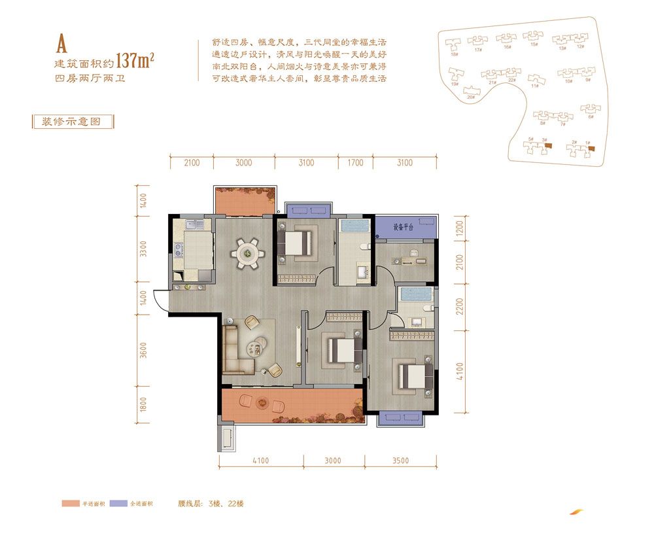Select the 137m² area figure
click(135, 61)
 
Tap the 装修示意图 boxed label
click(73, 122)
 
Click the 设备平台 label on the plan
click(405, 228)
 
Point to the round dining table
click(247, 251)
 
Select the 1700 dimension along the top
click(354, 163)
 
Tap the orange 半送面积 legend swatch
click(70, 504)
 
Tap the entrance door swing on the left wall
click(161, 301)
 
